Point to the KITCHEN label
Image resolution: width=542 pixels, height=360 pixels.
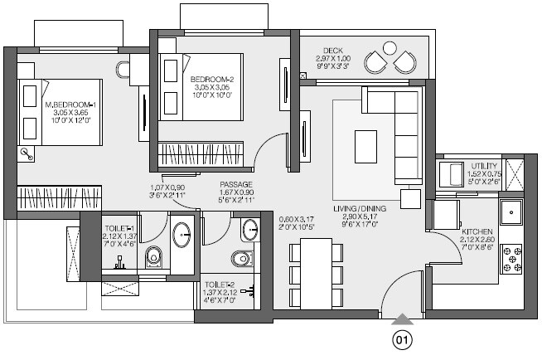click(479, 231)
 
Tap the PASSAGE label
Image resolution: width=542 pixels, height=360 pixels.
click(236, 184)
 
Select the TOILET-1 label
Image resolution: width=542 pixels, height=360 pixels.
click(116, 226)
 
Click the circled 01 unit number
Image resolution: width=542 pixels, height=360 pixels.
click(402, 338)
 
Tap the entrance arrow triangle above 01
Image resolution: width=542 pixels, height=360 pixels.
click(402, 319)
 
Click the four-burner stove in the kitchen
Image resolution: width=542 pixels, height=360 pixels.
click(511, 259)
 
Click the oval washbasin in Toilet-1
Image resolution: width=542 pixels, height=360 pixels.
click(183, 236)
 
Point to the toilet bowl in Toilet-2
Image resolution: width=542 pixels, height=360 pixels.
click(241, 259)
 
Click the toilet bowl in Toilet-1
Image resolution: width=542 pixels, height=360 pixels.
click(153, 256)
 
